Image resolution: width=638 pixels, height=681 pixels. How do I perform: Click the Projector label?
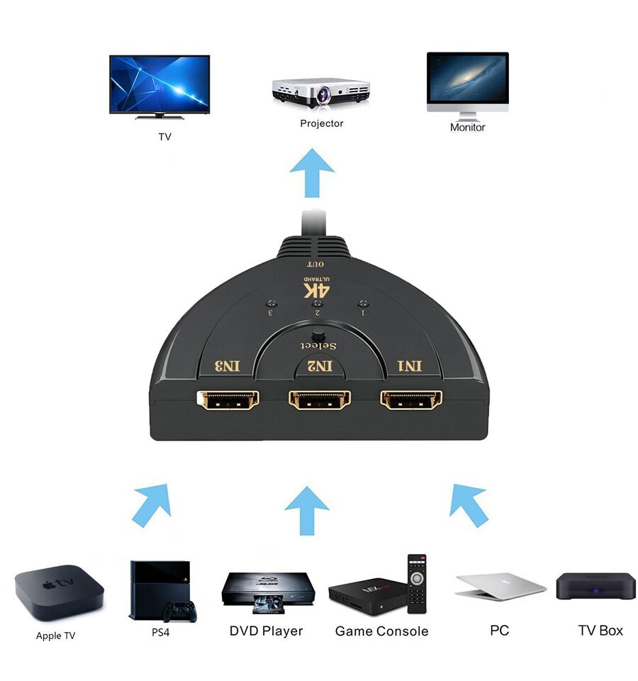coord(322,123)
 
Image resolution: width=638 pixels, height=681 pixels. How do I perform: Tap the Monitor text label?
coord(467,127)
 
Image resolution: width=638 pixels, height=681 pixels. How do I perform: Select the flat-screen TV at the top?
coord(159,87)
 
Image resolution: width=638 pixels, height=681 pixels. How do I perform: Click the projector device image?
coord(321,94)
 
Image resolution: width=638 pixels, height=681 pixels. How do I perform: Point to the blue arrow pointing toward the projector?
coord(312,173)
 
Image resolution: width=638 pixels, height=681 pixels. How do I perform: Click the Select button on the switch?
coord(318,336)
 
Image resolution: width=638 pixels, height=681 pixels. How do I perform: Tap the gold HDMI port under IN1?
coord(411,399)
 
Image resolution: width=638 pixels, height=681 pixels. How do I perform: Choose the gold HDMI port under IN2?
coord(320,399)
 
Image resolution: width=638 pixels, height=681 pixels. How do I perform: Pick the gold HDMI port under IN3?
coord(228,399)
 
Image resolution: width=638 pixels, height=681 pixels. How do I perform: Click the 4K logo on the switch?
coord(317,288)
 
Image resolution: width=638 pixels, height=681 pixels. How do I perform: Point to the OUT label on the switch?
coord(315,264)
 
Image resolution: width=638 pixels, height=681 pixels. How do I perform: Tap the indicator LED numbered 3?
coord(272,304)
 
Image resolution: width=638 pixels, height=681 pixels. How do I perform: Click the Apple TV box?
coord(59,592)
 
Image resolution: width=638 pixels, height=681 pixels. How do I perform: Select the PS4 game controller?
coord(179,611)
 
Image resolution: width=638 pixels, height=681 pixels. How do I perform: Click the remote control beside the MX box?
coord(417,583)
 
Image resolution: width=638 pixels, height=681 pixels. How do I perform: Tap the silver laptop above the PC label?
coord(500,587)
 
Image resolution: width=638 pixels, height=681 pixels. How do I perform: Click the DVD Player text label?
coord(266,631)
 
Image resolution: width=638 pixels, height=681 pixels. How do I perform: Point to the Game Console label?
coord(381,631)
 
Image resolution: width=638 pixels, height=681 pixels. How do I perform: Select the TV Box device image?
coord(595,587)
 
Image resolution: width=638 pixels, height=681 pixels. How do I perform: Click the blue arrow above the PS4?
coord(152,505)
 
